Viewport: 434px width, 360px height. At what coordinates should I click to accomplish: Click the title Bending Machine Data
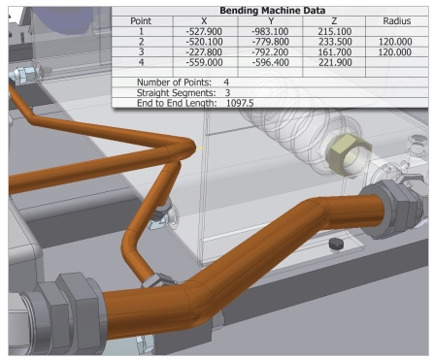pos(273,11)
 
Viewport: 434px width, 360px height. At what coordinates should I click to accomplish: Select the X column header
pos(204,21)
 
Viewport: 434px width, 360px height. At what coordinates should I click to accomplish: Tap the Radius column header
pos(397,21)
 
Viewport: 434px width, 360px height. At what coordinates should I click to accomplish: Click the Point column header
pos(141,21)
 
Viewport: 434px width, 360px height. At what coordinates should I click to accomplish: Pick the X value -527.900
pos(204,31)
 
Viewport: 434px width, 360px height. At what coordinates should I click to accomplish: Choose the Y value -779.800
pos(270,42)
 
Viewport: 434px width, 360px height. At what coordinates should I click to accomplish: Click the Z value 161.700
pos(335,52)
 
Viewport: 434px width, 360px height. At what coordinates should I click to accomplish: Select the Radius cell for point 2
pos(395,42)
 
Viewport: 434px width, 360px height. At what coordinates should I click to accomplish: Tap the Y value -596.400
pos(270,62)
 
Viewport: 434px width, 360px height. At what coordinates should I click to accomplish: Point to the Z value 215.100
pos(335,31)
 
